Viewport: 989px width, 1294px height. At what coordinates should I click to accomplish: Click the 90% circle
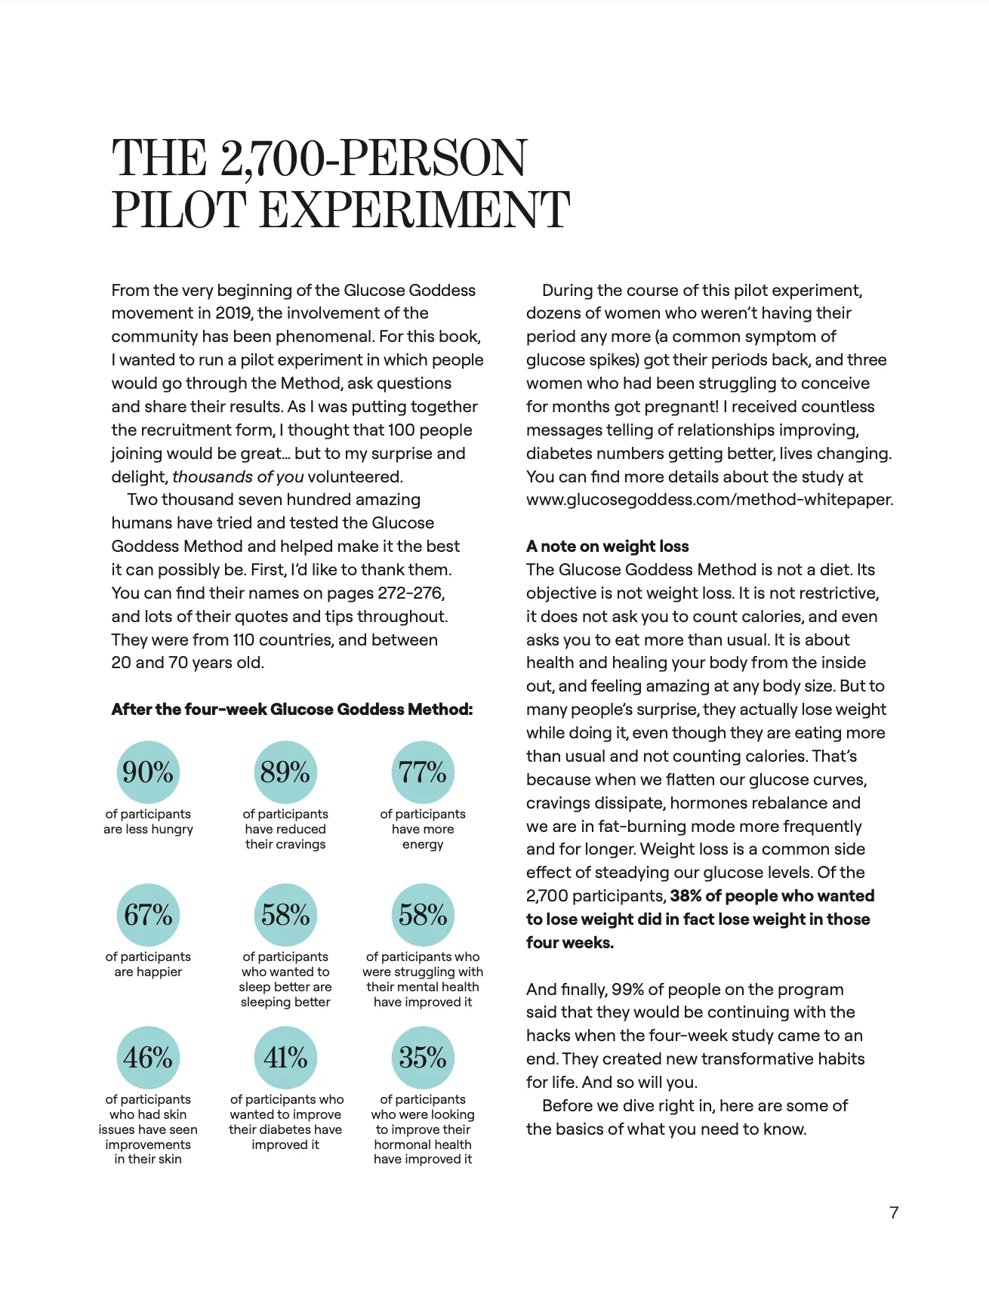148,772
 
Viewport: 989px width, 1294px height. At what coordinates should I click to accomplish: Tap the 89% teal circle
285,772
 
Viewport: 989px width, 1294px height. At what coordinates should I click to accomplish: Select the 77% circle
423,772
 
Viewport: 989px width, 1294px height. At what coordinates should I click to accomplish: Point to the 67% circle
148,914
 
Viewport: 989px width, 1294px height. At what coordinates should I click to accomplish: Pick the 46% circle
148,1057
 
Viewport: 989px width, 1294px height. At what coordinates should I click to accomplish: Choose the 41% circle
285,1057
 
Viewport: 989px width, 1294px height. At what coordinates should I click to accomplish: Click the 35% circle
423,1057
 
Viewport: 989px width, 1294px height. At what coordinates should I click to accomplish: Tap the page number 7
894,1212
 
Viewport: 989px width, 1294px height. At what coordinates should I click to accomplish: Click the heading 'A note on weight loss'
607,546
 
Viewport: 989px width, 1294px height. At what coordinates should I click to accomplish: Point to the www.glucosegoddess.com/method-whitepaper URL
709,500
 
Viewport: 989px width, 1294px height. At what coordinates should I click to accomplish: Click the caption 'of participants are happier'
148,964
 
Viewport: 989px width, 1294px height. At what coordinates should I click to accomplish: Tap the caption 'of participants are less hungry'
148,821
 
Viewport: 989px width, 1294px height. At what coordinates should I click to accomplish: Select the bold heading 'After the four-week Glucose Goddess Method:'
292,709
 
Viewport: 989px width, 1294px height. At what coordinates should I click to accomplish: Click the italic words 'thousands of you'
238,476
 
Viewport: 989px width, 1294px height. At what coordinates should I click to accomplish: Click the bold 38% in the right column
686,896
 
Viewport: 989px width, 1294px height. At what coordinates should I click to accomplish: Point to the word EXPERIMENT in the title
414,210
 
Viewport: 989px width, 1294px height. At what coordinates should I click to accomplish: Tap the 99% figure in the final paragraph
627,989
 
